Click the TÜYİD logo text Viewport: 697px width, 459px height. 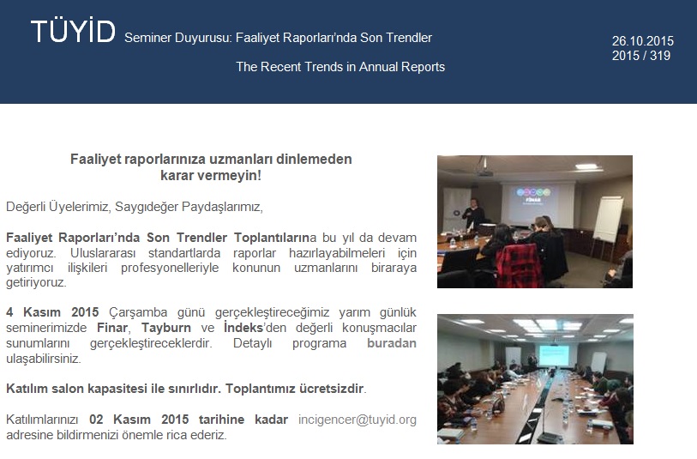pos(74,31)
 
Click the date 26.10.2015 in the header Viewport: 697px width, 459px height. pos(642,41)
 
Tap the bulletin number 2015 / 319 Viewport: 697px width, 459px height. pos(640,56)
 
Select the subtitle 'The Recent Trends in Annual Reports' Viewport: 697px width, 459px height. pos(340,67)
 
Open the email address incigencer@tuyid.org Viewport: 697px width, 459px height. pos(357,420)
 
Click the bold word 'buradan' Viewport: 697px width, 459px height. pos(392,343)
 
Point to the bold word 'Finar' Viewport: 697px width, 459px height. pos(112,328)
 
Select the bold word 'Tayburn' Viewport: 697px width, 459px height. pos(165,328)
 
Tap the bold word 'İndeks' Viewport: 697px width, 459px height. pos(243,328)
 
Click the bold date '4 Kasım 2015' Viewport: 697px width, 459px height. pos(52,312)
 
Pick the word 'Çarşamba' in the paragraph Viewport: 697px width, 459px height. pos(138,312)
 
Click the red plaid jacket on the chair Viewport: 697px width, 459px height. pos(520,265)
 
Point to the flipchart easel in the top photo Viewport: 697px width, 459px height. pos(606,226)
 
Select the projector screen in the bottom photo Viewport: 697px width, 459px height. pos(554,356)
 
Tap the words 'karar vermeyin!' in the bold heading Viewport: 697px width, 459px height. pos(211,175)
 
